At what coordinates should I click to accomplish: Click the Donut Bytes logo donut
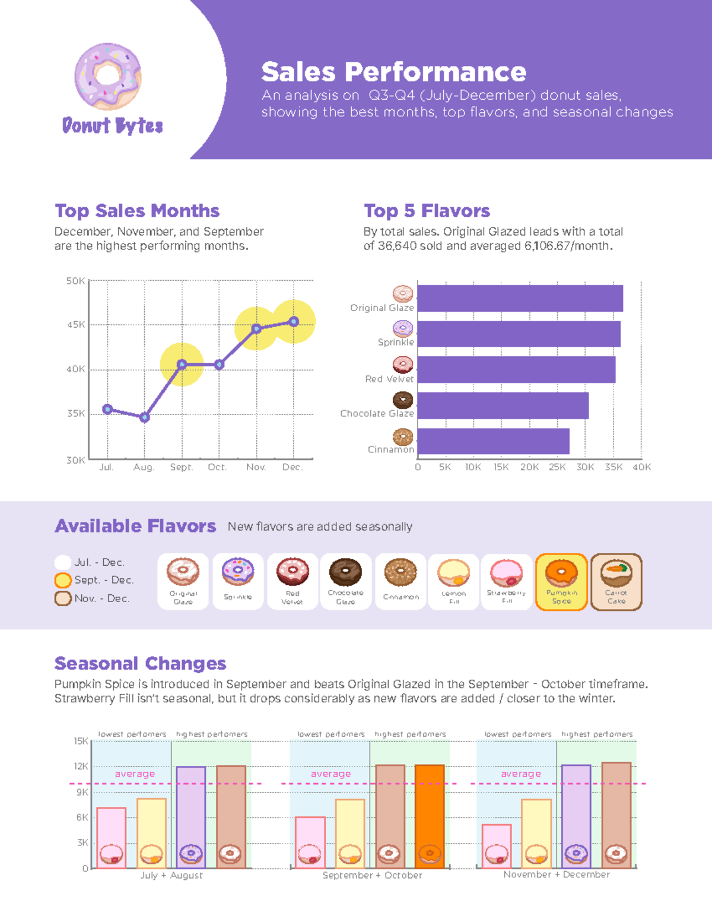pyautogui.click(x=108, y=76)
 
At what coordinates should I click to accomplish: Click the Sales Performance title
pyautogui.click(x=393, y=72)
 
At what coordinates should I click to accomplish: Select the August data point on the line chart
pyautogui.click(x=145, y=417)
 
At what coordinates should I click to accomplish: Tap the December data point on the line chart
pyautogui.click(x=294, y=321)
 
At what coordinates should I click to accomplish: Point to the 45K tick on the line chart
pyautogui.click(x=76, y=325)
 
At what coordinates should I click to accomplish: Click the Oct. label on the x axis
pyautogui.click(x=217, y=467)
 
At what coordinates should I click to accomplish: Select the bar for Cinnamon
pyautogui.click(x=493, y=441)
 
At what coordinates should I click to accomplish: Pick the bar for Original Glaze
pyautogui.click(x=520, y=298)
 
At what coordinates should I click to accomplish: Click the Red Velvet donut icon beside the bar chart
pyautogui.click(x=403, y=364)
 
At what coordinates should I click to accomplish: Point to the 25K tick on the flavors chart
pyautogui.click(x=557, y=467)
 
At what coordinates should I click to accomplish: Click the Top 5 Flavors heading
pyautogui.click(x=427, y=211)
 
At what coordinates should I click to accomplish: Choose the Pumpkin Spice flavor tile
pyautogui.click(x=561, y=582)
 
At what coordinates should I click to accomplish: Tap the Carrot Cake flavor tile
pyautogui.click(x=616, y=582)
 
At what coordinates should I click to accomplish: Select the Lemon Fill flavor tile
pyautogui.click(x=454, y=582)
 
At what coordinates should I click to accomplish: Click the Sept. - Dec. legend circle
pyautogui.click(x=63, y=580)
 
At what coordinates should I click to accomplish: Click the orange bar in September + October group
pyautogui.click(x=430, y=816)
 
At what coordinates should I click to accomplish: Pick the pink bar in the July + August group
pyautogui.click(x=112, y=837)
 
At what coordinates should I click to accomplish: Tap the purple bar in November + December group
pyautogui.click(x=576, y=816)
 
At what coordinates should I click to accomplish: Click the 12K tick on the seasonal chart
pyautogui.click(x=81, y=766)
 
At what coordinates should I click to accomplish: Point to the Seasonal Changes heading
pyautogui.click(x=140, y=663)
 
